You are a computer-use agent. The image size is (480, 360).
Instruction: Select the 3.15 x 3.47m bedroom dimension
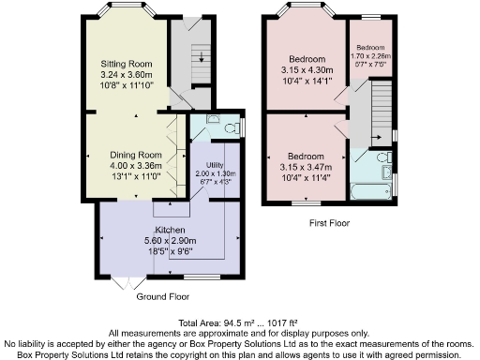tap(308, 165)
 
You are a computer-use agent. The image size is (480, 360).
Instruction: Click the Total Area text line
tap(239, 322)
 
